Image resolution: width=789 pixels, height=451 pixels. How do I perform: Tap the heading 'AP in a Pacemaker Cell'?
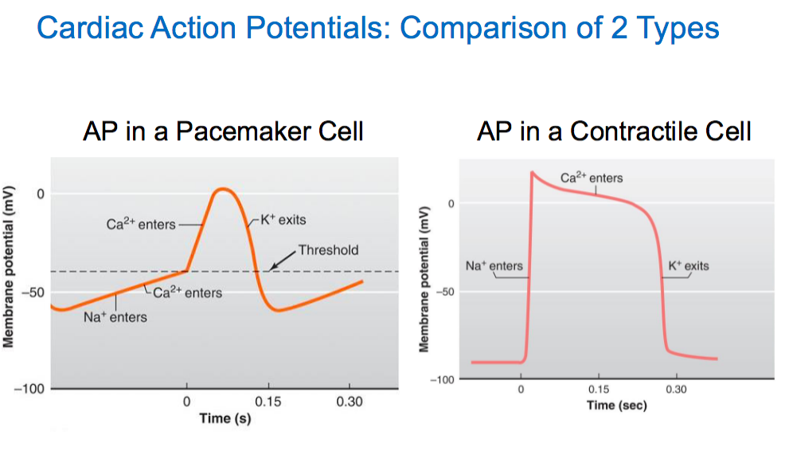223,131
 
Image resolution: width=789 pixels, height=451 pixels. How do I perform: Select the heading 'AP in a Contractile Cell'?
614,131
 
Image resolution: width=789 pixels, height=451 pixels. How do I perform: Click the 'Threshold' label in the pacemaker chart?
328,249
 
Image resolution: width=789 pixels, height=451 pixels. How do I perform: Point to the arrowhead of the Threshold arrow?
269,269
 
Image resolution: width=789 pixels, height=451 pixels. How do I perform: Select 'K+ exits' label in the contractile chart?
688,265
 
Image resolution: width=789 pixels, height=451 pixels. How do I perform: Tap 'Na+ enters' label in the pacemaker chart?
115,317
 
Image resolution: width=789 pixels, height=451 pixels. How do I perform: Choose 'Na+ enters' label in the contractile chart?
494,265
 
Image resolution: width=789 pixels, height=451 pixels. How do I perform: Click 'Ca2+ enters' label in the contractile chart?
592,178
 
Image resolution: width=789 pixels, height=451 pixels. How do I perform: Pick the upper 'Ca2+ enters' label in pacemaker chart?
141,224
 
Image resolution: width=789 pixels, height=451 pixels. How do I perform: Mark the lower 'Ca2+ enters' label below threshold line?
188,292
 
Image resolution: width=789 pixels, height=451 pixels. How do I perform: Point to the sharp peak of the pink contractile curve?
532,172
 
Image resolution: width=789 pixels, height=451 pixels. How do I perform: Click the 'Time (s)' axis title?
225,418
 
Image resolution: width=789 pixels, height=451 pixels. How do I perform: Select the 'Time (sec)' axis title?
617,406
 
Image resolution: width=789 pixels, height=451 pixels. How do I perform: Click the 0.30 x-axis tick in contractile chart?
676,390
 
